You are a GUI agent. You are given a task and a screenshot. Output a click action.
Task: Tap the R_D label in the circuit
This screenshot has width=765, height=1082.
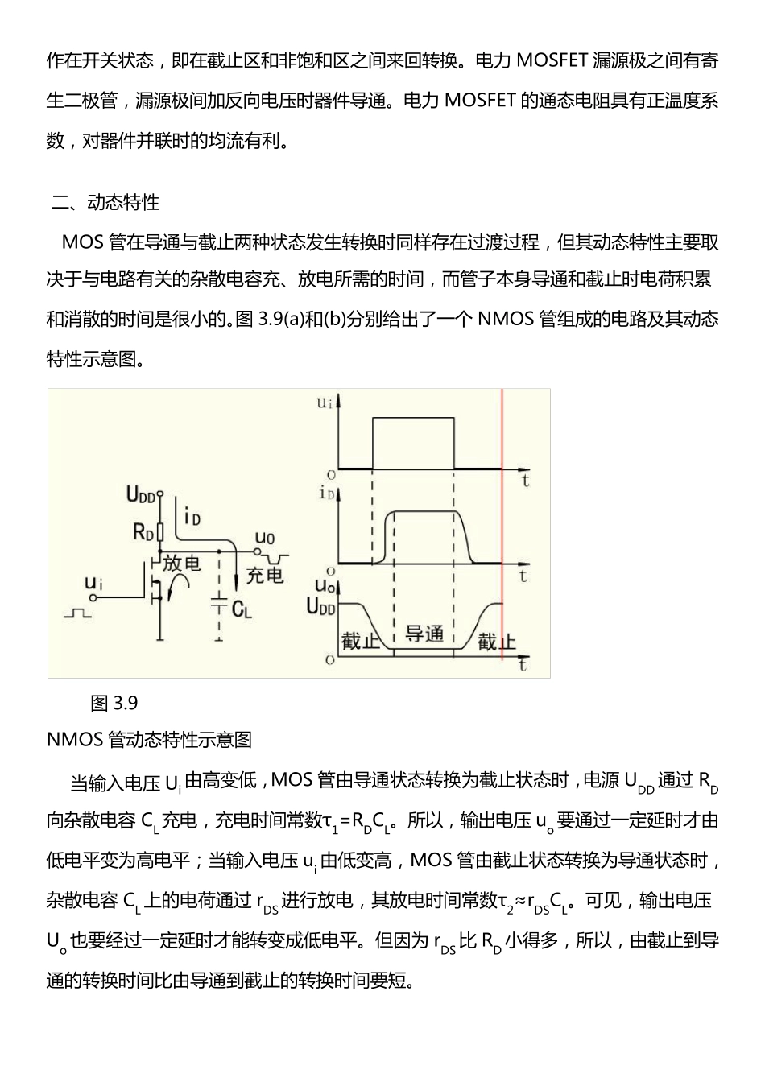142,531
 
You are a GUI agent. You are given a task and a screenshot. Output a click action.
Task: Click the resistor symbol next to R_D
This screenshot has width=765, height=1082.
160,531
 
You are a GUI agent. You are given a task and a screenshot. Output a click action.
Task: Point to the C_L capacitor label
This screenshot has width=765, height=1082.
242,609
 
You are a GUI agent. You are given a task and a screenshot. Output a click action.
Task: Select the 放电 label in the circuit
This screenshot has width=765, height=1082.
181,563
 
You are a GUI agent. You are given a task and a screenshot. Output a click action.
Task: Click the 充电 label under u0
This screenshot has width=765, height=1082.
265,574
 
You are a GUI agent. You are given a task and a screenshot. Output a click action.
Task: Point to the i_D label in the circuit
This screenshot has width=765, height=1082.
192,515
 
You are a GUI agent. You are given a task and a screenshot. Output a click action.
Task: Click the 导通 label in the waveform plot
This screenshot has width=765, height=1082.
424,634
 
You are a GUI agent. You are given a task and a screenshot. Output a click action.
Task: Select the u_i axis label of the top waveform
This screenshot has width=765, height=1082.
325,402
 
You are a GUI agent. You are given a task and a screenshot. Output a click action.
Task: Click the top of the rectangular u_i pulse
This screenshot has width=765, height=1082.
413,418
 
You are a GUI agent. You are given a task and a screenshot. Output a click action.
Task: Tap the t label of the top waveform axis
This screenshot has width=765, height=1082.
525,481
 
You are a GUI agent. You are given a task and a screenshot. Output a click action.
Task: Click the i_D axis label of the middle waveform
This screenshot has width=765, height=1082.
326,494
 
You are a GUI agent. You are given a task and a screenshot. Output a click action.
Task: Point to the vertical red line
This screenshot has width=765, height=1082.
502,531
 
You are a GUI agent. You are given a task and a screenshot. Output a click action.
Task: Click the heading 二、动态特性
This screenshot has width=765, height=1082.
105,202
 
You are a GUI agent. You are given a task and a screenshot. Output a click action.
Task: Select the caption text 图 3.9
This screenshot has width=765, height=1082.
114,704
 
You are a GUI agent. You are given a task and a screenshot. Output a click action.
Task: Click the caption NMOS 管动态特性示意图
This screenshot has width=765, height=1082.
150,740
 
